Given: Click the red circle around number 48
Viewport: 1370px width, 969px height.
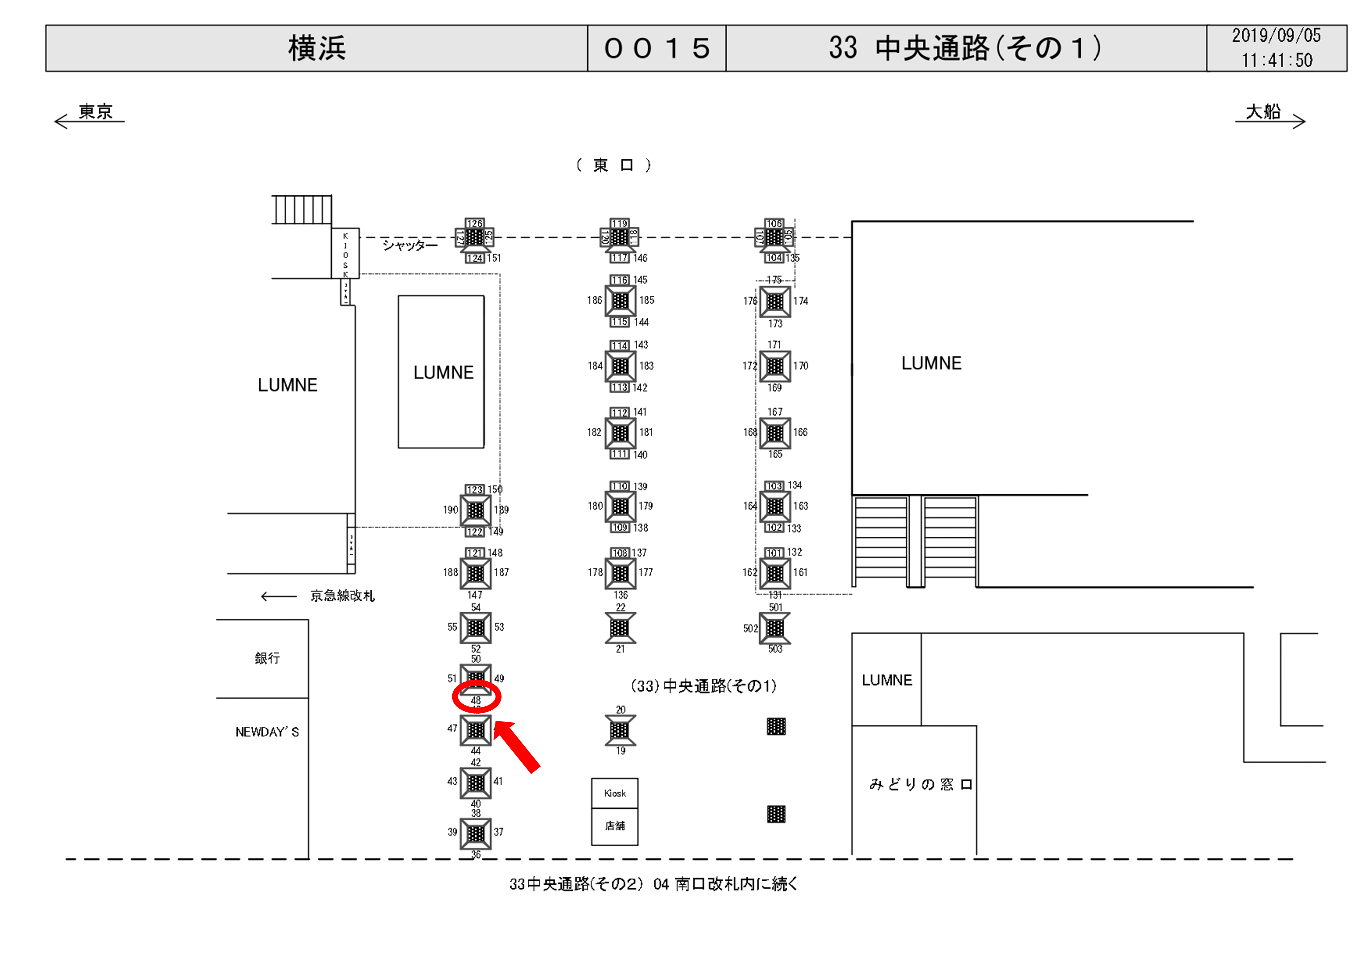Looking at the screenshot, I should [x=476, y=697].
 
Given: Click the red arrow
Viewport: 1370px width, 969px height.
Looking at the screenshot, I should [x=518, y=746].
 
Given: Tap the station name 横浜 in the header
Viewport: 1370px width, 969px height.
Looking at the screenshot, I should [x=317, y=48].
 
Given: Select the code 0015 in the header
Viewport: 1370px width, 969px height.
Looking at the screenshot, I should [x=657, y=48].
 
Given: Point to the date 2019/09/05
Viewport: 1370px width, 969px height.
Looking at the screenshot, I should [x=1276, y=36].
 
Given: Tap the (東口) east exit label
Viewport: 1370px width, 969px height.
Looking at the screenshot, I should [x=613, y=165].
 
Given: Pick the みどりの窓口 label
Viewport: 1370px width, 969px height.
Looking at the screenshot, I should [x=921, y=784].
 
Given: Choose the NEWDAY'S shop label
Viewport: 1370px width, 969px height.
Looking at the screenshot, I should [x=267, y=732].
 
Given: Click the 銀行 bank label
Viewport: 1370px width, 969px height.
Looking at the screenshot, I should [x=267, y=658].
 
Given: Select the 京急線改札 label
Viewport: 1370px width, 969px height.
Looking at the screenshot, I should [x=342, y=595].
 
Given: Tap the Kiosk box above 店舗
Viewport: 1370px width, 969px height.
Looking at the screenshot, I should [x=614, y=793].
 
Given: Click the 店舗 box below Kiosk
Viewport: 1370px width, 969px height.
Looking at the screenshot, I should [x=614, y=826].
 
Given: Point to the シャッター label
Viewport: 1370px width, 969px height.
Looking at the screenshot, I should [x=410, y=245].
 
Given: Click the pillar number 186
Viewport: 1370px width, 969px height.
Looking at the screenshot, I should [x=594, y=300].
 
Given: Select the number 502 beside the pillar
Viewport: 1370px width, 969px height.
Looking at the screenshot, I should [x=750, y=628].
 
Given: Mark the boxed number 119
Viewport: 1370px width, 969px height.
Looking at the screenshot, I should [x=619, y=223].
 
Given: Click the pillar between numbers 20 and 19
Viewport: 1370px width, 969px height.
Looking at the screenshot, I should [x=620, y=729].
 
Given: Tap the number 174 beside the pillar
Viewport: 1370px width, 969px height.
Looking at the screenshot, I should [x=800, y=301].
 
